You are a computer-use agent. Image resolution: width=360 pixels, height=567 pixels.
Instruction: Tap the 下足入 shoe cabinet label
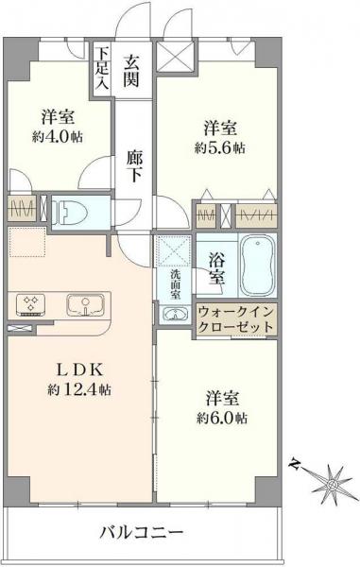coord(101,68)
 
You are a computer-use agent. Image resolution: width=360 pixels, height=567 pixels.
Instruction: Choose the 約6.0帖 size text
coord(223,417)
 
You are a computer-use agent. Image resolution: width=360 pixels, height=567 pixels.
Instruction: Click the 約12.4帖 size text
coord(77,389)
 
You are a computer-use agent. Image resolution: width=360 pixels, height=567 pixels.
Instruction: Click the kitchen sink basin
coord(87,305)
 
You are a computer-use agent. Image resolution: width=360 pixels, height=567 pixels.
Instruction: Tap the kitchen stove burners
coord(29,305)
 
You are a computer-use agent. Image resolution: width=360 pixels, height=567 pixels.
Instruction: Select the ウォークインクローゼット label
coord(237,318)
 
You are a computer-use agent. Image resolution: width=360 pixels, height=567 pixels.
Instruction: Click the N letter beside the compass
coord(295,463)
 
